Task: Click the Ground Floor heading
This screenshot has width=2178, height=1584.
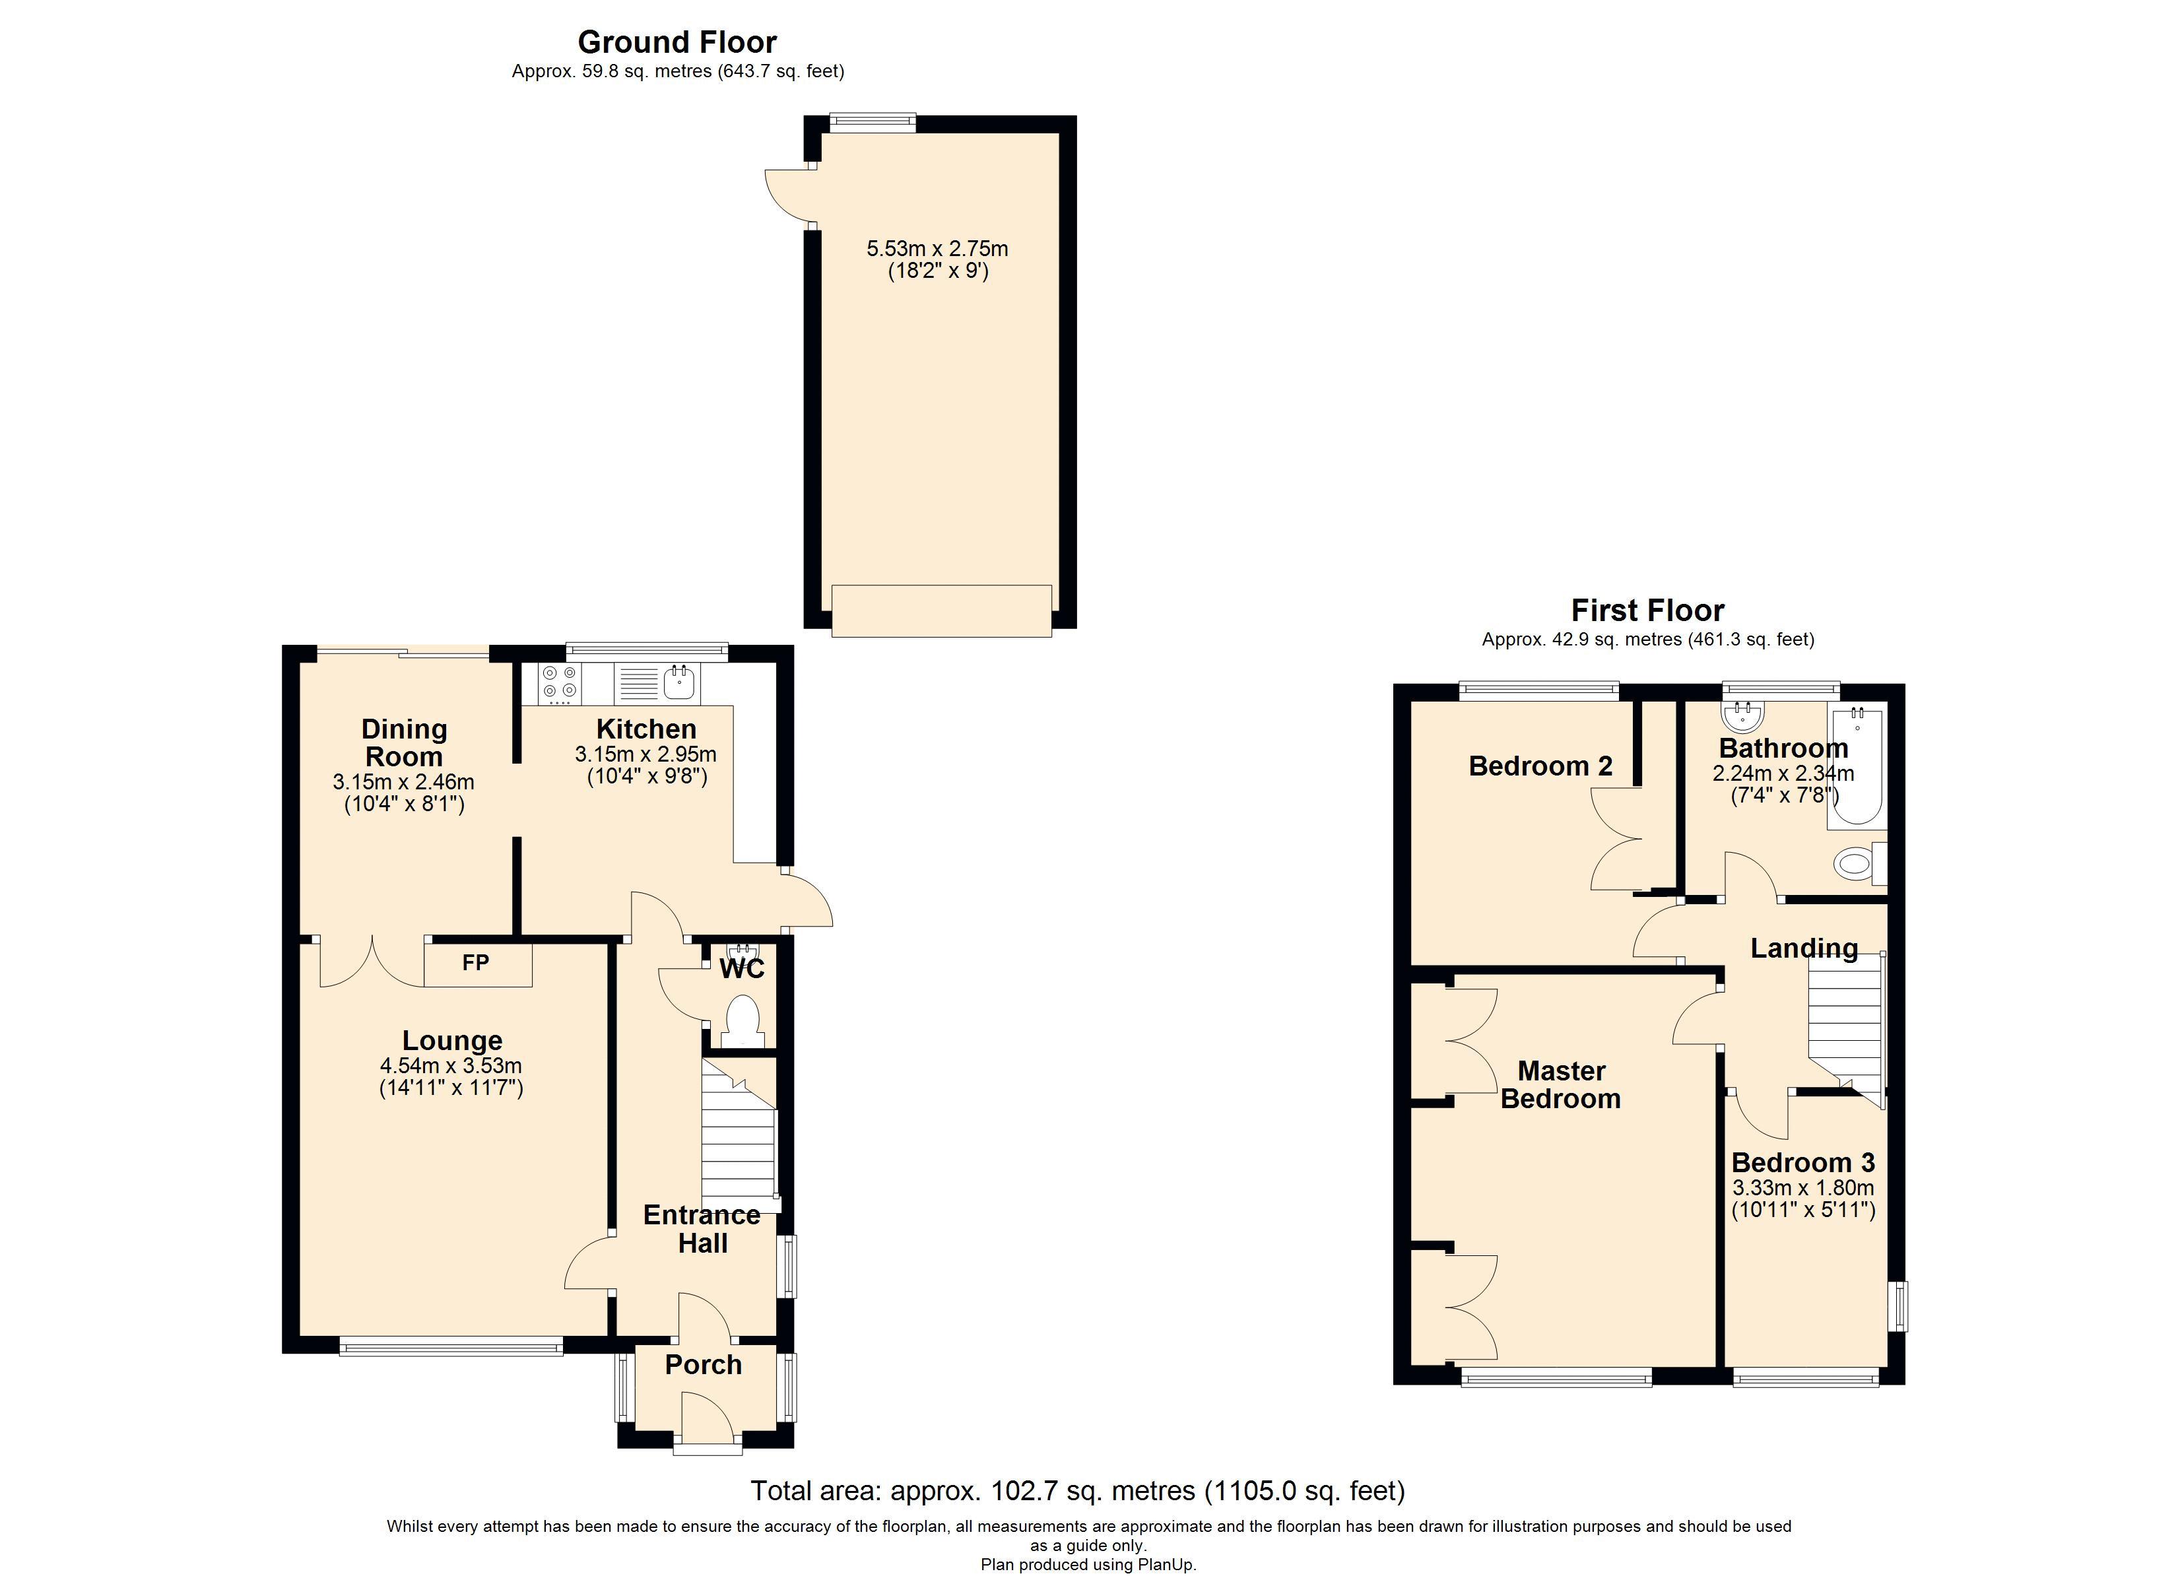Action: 677,42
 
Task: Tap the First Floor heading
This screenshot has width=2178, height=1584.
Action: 1647,610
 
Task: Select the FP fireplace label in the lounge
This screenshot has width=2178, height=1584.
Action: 475,962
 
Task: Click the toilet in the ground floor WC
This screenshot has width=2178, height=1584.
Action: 742,1021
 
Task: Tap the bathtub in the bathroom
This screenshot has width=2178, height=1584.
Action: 1857,766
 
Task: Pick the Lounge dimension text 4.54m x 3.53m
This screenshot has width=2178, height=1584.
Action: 451,1065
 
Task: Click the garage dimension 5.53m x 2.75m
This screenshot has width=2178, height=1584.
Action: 937,249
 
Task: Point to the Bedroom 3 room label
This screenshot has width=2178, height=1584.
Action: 1802,1162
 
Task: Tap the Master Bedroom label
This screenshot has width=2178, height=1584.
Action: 1560,1084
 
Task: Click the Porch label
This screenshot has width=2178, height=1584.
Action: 703,1365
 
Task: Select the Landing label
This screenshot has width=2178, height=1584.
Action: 1804,949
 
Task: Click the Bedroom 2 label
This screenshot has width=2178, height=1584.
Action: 1540,766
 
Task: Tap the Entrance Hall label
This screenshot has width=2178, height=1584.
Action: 702,1228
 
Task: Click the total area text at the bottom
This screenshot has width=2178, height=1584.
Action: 1078,1491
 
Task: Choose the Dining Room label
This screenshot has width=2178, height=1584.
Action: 405,742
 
